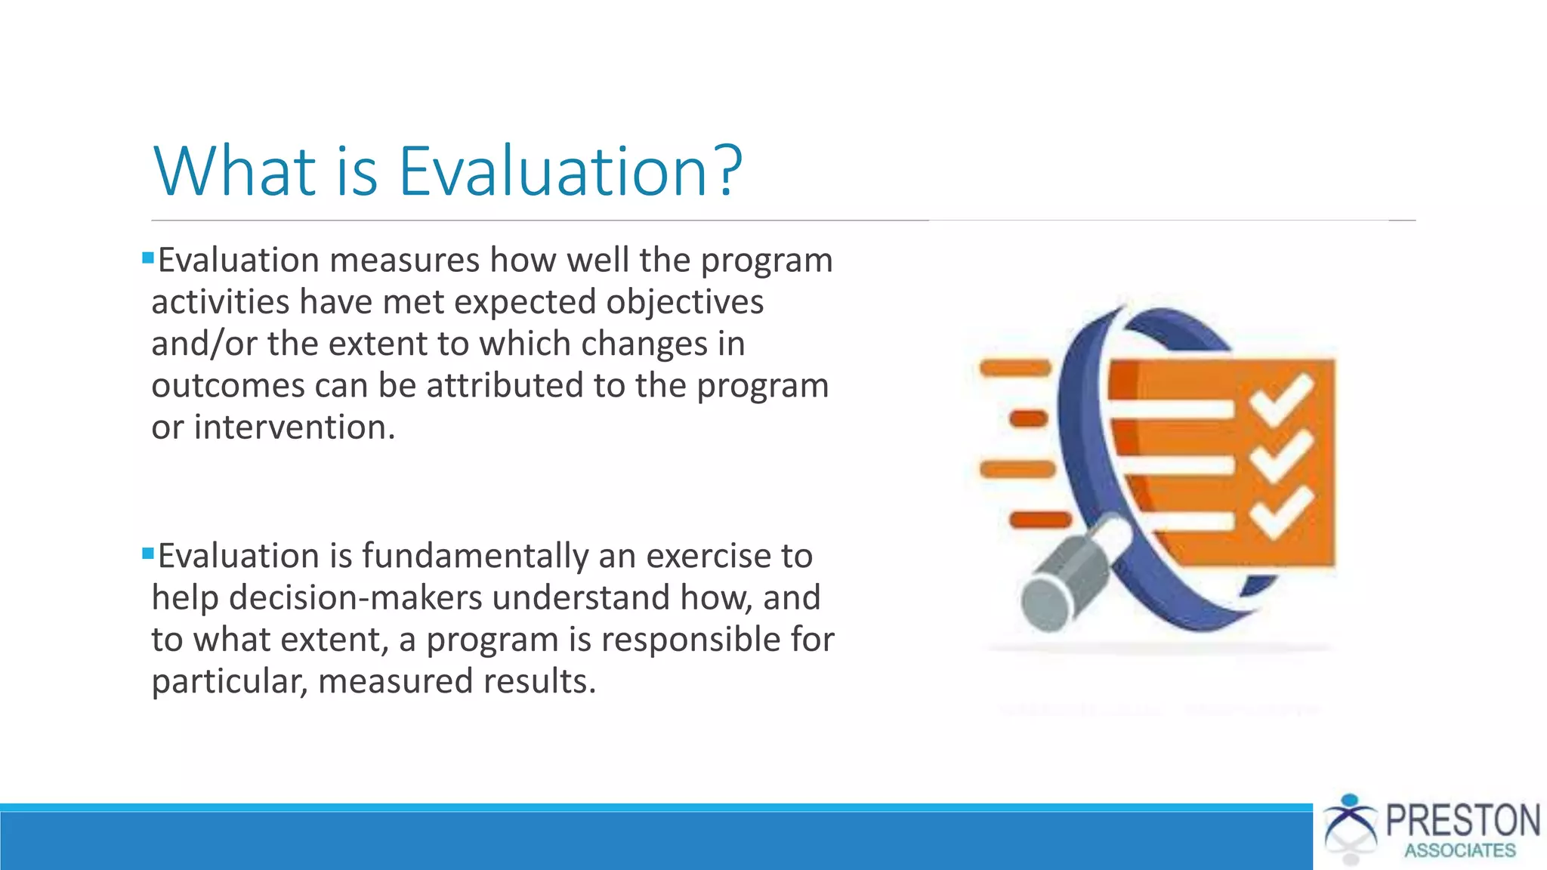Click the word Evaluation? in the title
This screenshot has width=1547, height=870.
[x=570, y=172]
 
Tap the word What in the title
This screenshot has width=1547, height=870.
[x=235, y=172]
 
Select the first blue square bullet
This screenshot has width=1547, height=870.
[x=148, y=258]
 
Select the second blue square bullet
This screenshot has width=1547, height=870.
[x=148, y=554]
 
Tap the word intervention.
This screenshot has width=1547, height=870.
[x=295, y=427]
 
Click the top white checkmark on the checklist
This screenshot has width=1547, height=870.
[x=1281, y=399]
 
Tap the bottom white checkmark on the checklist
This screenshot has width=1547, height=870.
[x=1281, y=514]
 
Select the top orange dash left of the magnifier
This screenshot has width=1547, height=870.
[x=1015, y=369]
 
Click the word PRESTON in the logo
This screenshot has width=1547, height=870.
[x=1462, y=821]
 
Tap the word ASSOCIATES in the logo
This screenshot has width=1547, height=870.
[x=1459, y=851]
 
